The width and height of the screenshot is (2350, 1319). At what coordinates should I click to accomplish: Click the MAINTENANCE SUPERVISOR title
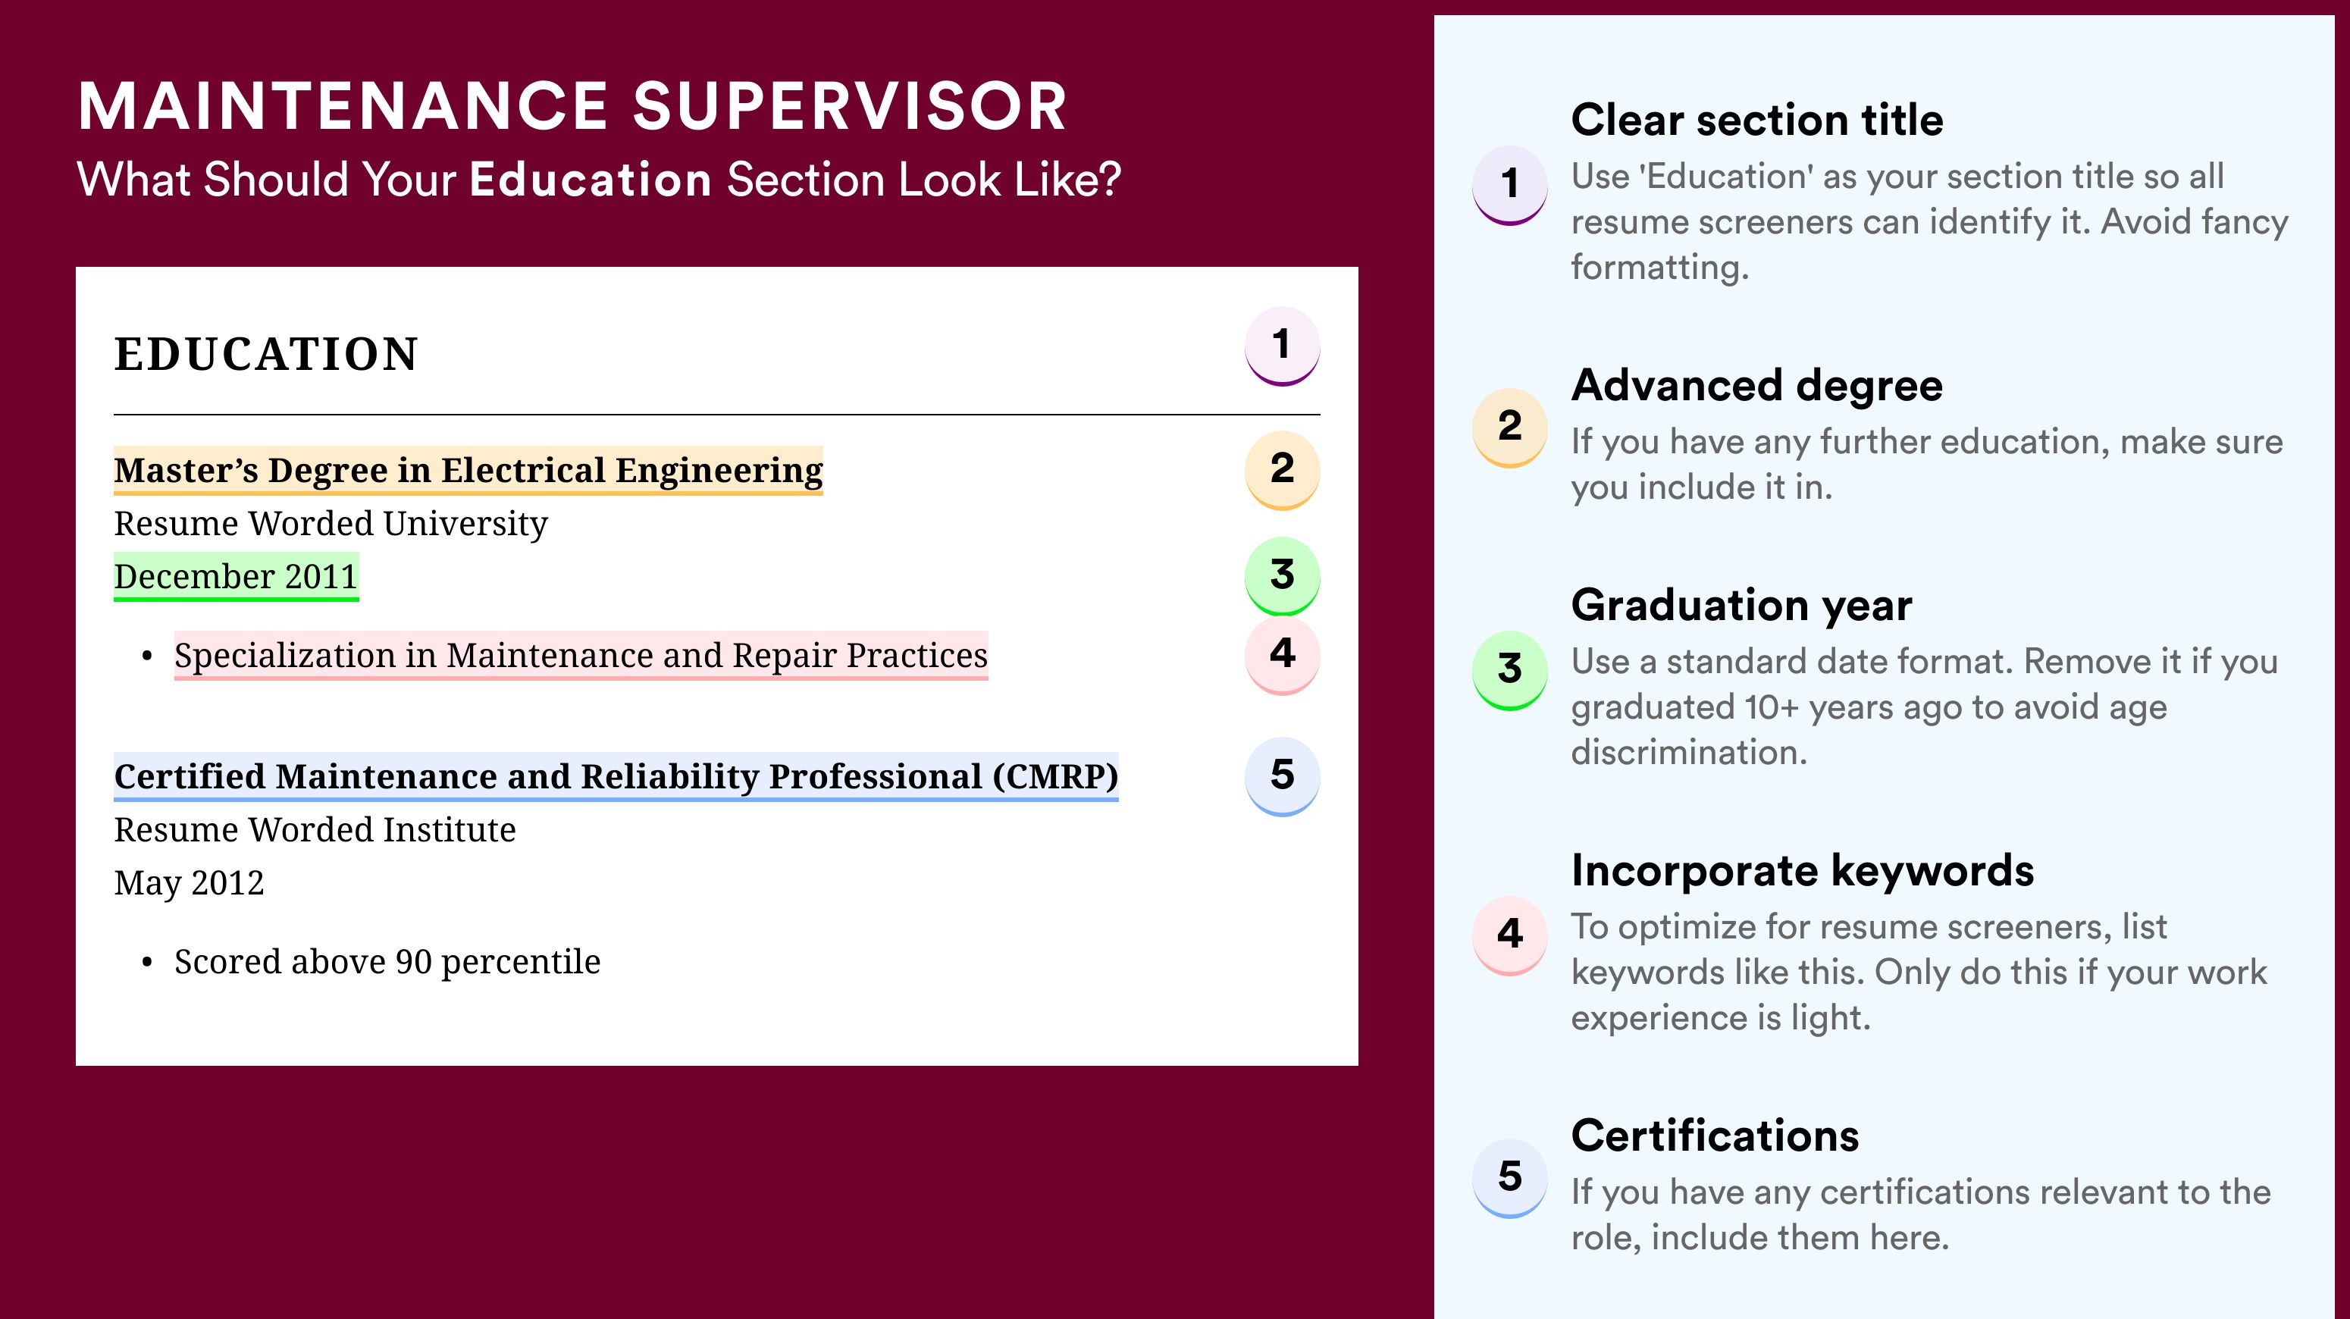(572, 106)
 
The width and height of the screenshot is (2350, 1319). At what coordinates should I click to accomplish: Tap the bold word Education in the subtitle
(591, 179)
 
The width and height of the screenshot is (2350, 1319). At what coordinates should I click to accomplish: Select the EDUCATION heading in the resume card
(265, 354)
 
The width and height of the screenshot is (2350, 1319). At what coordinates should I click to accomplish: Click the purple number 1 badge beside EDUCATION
(1282, 346)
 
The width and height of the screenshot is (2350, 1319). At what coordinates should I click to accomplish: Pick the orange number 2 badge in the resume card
(1282, 469)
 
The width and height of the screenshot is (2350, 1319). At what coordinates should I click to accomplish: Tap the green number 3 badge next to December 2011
(1282, 575)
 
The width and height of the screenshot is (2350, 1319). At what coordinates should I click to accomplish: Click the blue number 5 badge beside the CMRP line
(1282, 775)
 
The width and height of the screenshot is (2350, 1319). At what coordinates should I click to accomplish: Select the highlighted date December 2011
(237, 576)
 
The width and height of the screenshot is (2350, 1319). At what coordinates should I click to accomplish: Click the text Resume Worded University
(331, 524)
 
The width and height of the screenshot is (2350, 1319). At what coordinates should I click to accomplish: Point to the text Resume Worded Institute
(315, 829)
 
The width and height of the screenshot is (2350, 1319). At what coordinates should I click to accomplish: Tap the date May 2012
(189, 883)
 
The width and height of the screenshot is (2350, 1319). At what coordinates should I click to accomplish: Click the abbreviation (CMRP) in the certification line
(1055, 776)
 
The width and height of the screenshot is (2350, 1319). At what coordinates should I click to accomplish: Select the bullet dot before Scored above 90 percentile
(147, 963)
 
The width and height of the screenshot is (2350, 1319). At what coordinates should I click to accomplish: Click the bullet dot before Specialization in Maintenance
(147, 656)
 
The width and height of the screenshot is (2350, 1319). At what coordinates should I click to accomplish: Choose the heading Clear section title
(1757, 120)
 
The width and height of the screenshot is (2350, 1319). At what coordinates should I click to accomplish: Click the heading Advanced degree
(1757, 386)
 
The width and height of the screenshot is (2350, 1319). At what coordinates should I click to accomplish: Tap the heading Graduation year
(1741, 605)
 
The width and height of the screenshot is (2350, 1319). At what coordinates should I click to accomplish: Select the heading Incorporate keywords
(1803, 870)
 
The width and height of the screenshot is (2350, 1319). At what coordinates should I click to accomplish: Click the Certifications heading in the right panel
(1715, 1136)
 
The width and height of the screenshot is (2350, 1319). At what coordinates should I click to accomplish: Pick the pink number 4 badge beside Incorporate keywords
(1510, 934)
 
